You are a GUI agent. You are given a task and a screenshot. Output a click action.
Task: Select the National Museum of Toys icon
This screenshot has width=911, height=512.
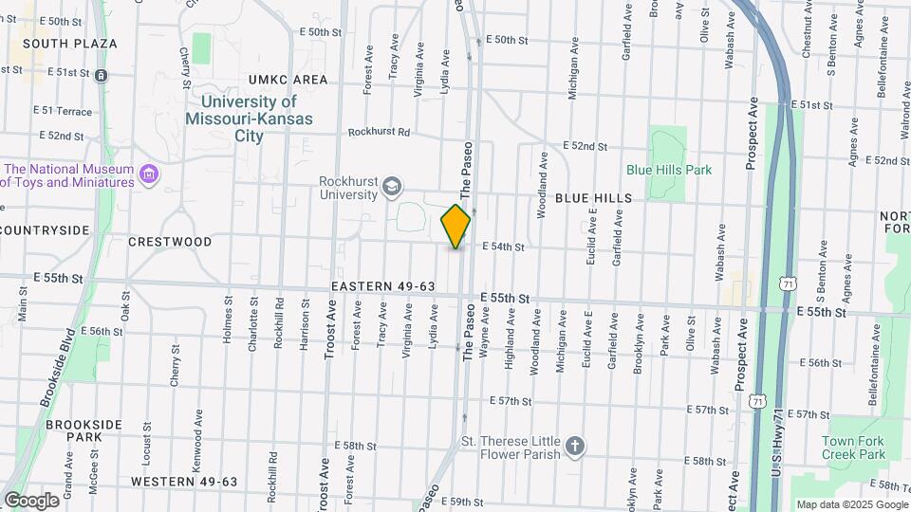pyautogui.click(x=148, y=174)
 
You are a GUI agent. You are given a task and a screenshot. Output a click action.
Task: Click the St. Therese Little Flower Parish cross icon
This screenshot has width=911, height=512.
pyautogui.click(x=574, y=446)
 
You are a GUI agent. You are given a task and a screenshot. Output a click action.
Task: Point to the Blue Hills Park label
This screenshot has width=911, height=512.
pyautogui.click(x=669, y=170)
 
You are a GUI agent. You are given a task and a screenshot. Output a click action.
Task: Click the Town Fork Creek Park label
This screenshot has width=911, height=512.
pyautogui.click(x=853, y=448)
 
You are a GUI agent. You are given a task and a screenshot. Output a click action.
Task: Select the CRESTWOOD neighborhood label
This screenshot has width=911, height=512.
pyautogui.click(x=170, y=242)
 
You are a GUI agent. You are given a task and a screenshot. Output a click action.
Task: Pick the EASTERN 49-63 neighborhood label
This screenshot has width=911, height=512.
pyautogui.click(x=383, y=286)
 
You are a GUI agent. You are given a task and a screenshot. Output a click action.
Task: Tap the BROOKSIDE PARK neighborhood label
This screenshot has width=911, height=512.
pyautogui.click(x=73, y=431)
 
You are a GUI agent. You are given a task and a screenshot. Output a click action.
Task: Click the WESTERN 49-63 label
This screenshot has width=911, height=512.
pyautogui.click(x=184, y=482)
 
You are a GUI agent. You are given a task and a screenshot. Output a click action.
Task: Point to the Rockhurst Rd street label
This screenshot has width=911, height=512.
pyautogui.click(x=378, y=133)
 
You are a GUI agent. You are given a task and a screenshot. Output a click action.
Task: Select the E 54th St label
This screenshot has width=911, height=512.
pyautogui.click(x=503, y=247)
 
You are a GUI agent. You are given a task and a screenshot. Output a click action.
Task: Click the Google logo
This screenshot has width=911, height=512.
pyautogui.click(x=31, y=501)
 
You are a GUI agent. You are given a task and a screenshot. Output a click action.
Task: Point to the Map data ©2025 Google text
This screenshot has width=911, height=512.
pyautogui.click(x=850, y=504)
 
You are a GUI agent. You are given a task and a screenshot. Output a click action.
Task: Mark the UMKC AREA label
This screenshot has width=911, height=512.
pyautogui.click(x=288, y=80)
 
